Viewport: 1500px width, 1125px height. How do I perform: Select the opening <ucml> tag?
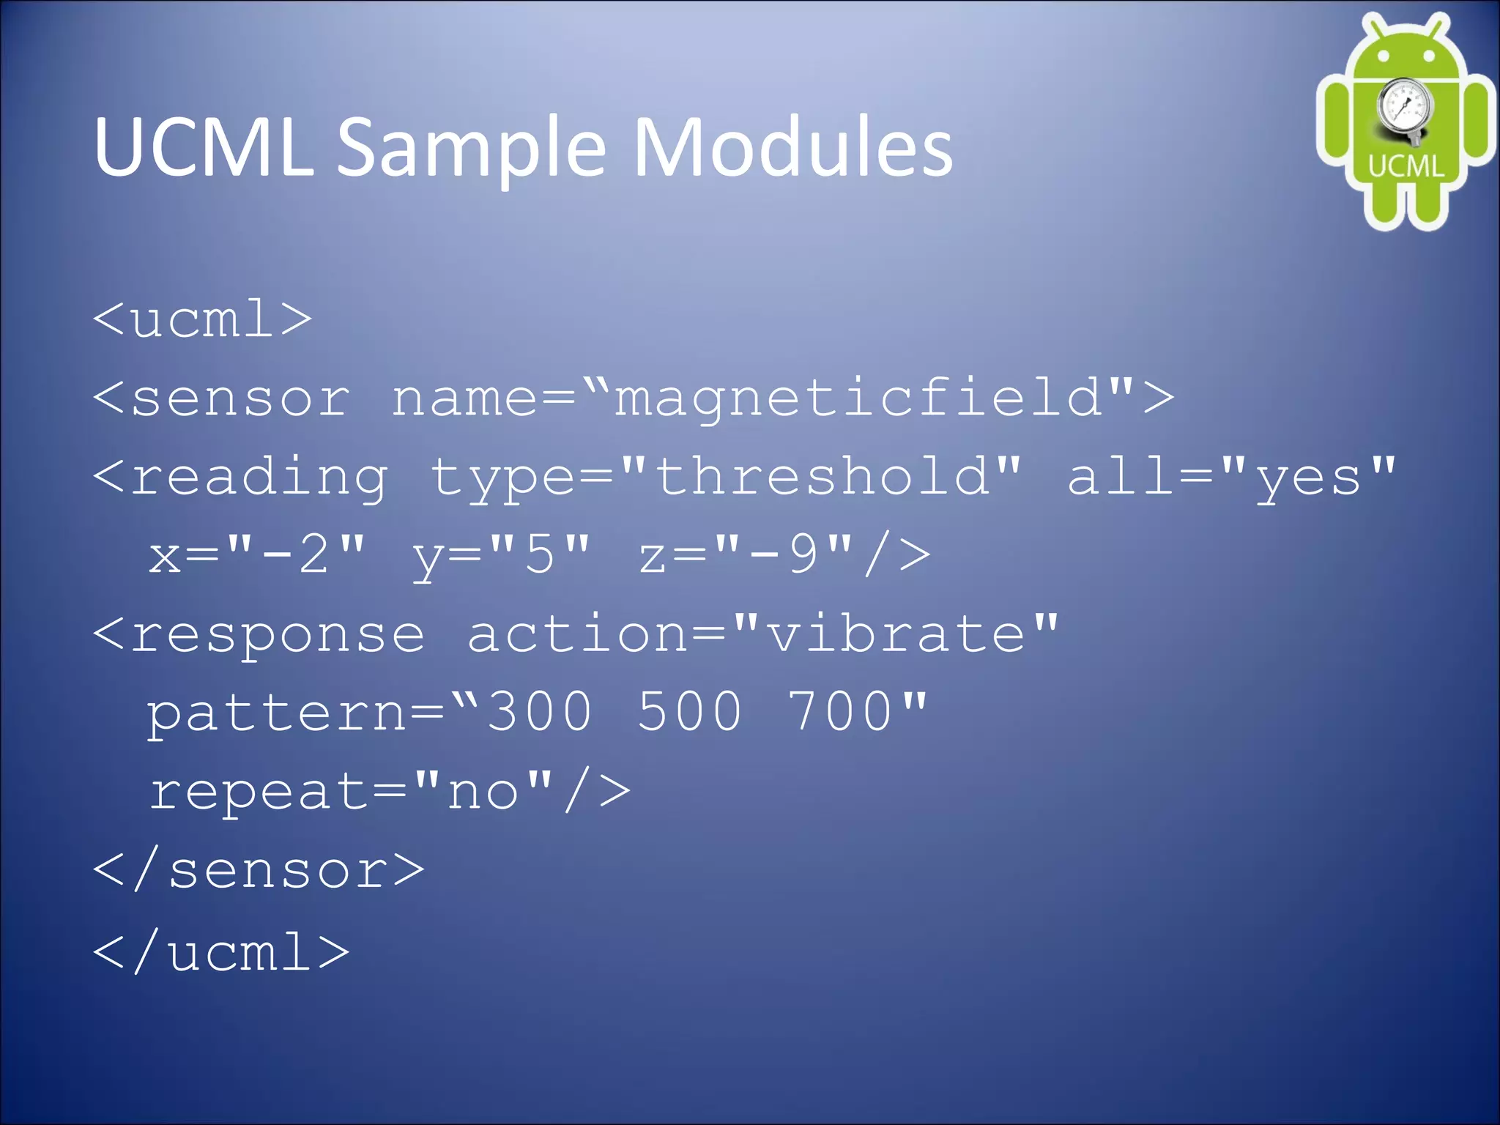click(203, 319)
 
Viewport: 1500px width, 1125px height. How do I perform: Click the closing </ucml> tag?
click(221, 952)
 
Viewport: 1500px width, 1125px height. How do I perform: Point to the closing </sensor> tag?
click(259, 872)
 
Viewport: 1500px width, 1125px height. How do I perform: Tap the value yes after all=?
click(1308, 478)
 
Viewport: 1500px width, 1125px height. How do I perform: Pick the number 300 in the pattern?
click(540, 712)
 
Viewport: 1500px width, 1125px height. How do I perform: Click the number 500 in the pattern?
click(689, 712)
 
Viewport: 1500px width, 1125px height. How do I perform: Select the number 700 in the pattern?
click(839, 712)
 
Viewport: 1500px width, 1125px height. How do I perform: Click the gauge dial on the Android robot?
click(1403, 107)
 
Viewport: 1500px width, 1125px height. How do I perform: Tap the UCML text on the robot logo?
click(1406, 166)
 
